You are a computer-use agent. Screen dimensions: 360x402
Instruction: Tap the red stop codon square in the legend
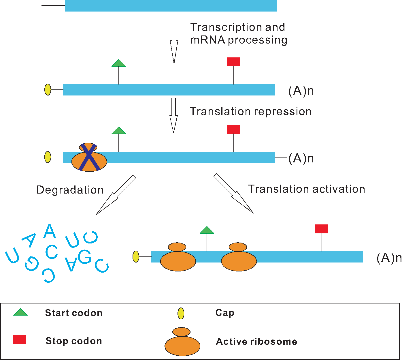coord(19,340)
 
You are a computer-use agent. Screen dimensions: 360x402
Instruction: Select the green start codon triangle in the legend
coord(20,312)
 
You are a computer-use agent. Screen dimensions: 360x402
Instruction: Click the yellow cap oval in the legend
coord(181,313)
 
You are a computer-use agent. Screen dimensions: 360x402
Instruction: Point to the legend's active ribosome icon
coord(182,342)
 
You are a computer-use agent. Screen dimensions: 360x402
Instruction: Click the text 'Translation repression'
coord(250,111)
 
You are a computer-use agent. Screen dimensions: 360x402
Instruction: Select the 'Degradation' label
coord(70,190)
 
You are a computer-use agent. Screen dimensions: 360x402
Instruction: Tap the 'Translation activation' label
coord(307,189)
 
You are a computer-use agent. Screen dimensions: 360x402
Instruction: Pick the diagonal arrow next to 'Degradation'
coord(116,195)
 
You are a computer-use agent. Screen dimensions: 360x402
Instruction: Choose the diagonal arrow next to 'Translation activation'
coord(233,193)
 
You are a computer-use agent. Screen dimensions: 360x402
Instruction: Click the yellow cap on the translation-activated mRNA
coord(136,256)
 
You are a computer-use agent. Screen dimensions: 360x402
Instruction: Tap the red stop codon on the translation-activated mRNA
coord(321,229)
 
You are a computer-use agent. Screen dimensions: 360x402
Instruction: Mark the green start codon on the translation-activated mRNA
coord(207,230)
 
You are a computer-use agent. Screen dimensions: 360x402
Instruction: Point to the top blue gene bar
coord(171,6)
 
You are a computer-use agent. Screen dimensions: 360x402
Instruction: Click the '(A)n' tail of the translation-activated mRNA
coord(389,258)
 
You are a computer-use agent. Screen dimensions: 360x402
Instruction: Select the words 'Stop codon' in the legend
coord(74,341)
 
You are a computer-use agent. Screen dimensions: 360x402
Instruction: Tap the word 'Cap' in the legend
coord(225,313)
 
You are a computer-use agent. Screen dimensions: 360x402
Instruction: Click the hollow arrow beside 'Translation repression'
coord(173,115)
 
